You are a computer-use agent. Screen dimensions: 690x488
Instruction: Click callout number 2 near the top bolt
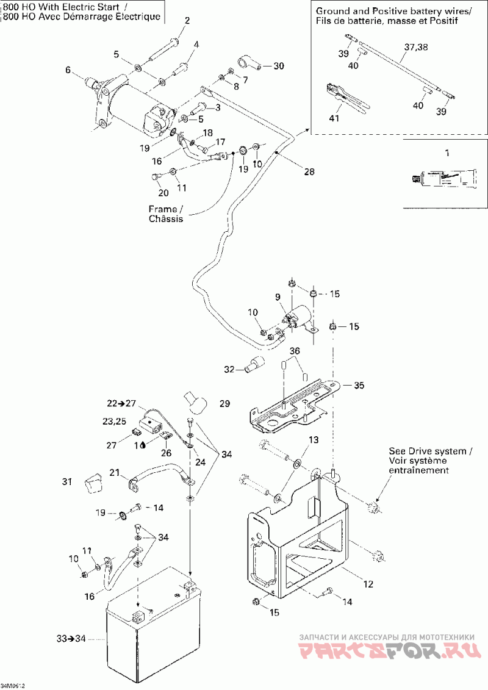pos(187,21)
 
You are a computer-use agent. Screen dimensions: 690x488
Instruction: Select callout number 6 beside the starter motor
pos(68,70)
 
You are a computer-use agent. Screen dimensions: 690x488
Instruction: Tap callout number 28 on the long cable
pos(309,171)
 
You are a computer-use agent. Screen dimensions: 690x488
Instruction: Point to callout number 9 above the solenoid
pos(278,297)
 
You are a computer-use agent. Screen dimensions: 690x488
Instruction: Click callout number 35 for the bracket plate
pos(359,386)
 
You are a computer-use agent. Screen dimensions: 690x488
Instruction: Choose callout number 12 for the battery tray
pos(368,584)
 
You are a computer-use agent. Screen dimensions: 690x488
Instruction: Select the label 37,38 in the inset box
pos(417,47)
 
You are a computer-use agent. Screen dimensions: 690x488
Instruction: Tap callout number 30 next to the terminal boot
pos(278,66)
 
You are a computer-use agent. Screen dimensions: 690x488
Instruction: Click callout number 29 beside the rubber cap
pos(225,404)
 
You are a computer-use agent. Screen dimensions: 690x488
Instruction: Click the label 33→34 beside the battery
pos(68,638)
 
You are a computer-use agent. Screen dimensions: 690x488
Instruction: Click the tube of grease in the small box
pos(443,178)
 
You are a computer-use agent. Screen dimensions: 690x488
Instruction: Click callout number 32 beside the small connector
pos(229,369)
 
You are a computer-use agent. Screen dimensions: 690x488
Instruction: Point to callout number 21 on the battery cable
pos(115,472)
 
